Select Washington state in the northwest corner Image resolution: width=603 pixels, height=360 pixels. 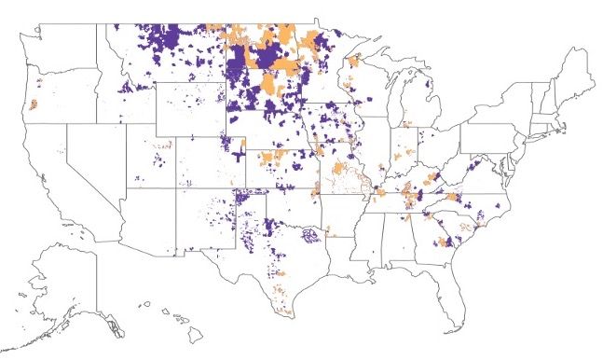click(61, 47)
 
